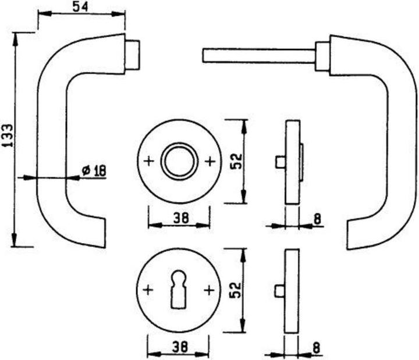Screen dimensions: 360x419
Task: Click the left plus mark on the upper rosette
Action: pos(148,161)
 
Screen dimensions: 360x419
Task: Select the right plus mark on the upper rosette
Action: pos(210,161)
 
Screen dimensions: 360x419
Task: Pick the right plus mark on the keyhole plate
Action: pos(208,289)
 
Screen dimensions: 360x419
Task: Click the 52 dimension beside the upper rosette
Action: pos(236,161)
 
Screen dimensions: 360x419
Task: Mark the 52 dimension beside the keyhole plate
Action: pos(236,289)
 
